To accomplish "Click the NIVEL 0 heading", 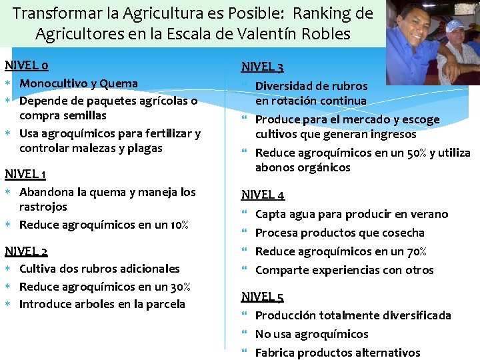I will pos(26,65).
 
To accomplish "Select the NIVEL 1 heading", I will pos(25,174).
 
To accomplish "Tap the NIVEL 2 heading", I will pos(26,251).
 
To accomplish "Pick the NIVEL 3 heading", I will pos(263,67).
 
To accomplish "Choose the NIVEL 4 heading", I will pos(263,195).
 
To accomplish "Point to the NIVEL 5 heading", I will pos(263,297).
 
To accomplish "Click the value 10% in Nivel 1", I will pos(177,225).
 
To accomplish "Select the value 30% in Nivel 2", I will pos(179,287).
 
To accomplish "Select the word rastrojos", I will pos(43,207).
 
